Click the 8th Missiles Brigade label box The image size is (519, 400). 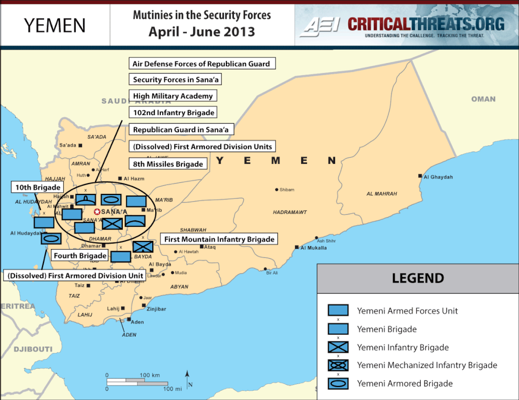tap(168, 163)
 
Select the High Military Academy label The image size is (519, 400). tap(173, 96)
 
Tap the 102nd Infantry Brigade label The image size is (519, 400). tap(173, 112)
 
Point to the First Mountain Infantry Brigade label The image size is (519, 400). tap(219, 239)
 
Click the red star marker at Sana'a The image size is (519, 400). tap(97, 212)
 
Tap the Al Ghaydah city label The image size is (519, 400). tap(438, 177)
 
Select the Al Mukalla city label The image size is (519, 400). tap(314, 247)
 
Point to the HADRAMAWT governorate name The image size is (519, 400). tap(290, 212)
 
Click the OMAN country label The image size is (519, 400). tap(483, 99)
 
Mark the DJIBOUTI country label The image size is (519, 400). tap(33, 348)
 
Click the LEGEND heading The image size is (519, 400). tap(418, 278)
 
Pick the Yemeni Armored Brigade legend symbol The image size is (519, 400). tap(338, 384)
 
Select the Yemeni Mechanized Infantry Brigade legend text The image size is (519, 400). tap(427, 365)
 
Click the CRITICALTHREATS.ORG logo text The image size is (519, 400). tap(426, 23)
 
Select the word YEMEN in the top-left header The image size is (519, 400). tap(55, 25)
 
